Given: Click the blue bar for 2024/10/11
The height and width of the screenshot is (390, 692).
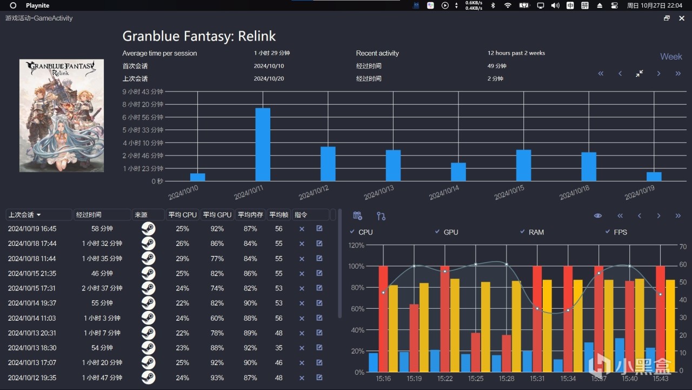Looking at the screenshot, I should [263, 145].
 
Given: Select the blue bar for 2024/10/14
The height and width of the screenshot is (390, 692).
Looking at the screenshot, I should [458, 172].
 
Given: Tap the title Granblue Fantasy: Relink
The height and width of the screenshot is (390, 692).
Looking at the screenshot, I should [199, 36].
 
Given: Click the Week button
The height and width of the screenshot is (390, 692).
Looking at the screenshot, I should [671, 56].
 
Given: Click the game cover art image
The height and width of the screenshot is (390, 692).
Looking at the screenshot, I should [62, 115].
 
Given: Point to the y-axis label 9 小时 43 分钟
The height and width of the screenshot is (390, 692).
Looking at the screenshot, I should [143, 92].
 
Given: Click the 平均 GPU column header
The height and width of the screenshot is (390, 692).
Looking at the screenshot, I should [217, 215].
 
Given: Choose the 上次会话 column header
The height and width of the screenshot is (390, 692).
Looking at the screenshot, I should [24, 215].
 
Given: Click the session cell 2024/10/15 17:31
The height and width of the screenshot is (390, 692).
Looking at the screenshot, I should [32, 288].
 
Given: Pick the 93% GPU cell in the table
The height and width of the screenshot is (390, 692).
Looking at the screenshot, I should [217, 378].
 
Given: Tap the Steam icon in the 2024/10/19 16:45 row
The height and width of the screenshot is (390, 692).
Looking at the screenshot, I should [148, 229].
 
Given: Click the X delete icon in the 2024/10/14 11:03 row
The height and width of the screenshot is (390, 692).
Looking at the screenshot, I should [302, 318].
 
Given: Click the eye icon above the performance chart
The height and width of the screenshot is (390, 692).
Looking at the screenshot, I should [597, 216].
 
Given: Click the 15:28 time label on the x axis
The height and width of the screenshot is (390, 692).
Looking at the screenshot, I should [507, 379].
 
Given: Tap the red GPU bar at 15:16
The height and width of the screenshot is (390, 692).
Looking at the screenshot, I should [383, 318].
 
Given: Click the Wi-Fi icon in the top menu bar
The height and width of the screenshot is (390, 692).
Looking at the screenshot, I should [508, 5].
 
